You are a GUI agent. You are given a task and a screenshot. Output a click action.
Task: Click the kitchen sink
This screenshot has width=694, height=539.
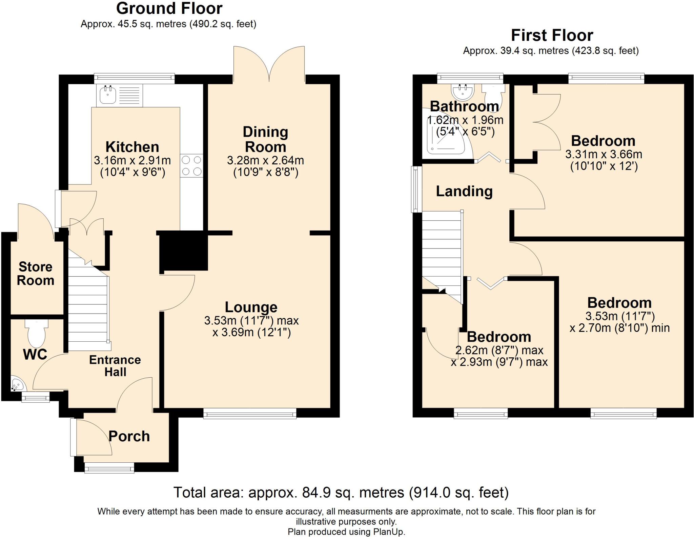120,95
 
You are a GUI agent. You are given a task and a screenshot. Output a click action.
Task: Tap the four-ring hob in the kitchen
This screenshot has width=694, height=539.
191,165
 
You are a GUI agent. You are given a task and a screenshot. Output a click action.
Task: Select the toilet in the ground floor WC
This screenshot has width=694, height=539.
36,333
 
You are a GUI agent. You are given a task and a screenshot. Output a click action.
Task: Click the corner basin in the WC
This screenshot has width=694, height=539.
18,383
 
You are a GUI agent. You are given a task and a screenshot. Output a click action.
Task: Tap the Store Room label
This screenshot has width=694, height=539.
36,274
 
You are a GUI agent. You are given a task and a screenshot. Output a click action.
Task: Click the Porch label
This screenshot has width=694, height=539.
129,436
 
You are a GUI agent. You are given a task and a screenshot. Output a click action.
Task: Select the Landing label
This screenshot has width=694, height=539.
464,191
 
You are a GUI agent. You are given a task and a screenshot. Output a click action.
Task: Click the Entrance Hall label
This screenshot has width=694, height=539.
115,366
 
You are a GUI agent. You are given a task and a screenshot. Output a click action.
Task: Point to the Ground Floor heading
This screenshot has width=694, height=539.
169,8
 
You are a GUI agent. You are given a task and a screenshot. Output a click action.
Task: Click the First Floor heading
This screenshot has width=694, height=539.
552,35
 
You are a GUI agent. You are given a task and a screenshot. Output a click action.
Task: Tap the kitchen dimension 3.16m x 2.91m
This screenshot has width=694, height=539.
132,160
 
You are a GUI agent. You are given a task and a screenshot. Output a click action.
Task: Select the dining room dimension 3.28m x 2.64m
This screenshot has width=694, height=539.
265,160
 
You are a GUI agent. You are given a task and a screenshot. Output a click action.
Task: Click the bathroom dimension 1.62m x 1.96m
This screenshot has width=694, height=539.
465,120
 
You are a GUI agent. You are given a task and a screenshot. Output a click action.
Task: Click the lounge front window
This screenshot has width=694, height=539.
250,413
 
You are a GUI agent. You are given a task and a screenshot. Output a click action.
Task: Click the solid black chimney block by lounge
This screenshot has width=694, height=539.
183,251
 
